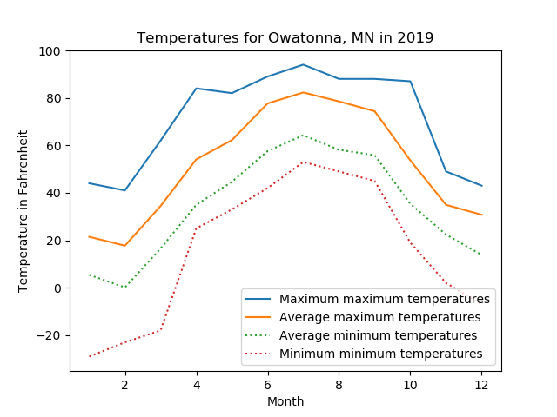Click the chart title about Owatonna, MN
point(285,38)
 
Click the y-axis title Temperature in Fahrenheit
point(24,211)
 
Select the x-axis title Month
point(285,401)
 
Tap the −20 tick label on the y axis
point(49,335)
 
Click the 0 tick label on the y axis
point(58,288)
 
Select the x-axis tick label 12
point(481,384)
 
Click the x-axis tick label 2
point(124,384)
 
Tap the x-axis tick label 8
point(339,384)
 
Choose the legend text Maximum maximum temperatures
point(385,299)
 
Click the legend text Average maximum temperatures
point(380,317)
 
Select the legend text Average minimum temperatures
point(378,335)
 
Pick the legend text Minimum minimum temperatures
point(380,354)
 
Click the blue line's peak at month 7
point(303,64)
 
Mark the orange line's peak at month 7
point(303,92)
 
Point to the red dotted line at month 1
point(90,356)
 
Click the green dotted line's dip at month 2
point(125,288)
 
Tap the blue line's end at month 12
point(481,186)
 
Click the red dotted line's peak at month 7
point(303,162)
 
